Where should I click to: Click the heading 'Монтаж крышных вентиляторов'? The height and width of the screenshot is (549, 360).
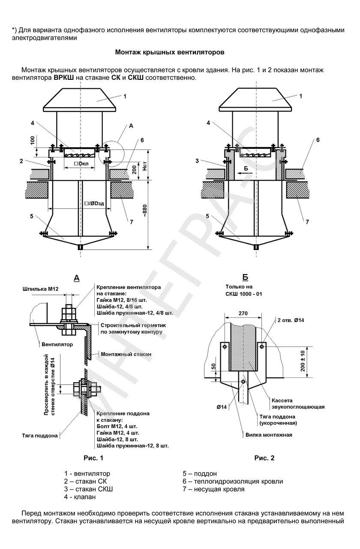[x=169, y=52]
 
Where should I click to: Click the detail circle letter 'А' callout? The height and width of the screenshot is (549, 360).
[x=131, y=126]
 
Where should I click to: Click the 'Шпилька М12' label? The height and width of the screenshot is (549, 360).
[x=40, y=290]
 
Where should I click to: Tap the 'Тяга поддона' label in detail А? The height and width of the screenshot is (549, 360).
[x=40, y=435]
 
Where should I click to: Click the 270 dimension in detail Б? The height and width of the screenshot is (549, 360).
[x=243, y=314]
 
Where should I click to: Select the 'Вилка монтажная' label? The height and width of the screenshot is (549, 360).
[x=269, y=434]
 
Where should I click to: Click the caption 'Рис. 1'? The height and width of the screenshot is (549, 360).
[x=93, y=458]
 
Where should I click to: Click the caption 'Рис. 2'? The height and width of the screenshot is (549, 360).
[x=264, y=458]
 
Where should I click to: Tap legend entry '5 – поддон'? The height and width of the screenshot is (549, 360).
[x=200, y=474]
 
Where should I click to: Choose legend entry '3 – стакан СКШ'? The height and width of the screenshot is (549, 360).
[x=89, y=489]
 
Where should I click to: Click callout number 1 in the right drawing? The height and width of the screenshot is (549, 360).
[x=300, y=96]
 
